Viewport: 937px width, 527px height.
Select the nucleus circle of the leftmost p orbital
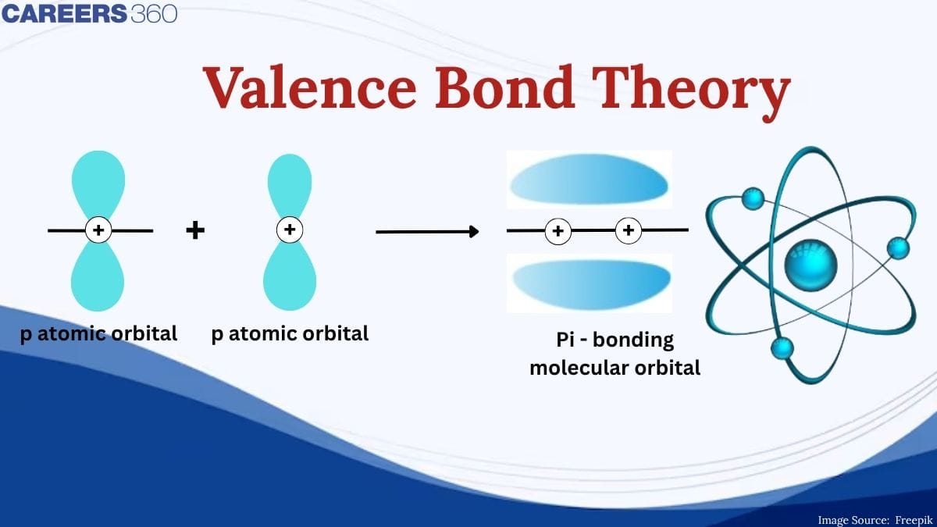click(x=98, y=230)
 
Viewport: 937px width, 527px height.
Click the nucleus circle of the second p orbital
click(x=290, y=230)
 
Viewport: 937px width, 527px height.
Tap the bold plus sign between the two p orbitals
click(x=195, y=230)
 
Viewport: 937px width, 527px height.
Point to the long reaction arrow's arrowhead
click(x=472, y=231)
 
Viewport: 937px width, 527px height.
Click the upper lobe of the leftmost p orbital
click(x=98, y=184)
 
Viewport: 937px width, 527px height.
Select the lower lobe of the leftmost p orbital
click(x=98, y=276)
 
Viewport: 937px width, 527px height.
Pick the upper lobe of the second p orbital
click(x=290, y=184)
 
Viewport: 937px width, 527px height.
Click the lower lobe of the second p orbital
click(x=290, y=276)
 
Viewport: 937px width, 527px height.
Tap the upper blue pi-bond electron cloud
click(x=589, y=180)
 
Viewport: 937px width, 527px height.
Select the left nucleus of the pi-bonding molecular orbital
click(x=558, y=231)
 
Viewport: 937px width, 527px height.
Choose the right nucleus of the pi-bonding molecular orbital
click(x=629, y=231)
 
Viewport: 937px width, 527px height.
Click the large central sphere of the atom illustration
click(x=810, y=263)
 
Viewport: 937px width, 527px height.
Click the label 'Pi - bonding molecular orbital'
click(x=615, y=354)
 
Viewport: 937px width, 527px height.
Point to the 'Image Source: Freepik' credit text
click(x=874, y=519)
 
